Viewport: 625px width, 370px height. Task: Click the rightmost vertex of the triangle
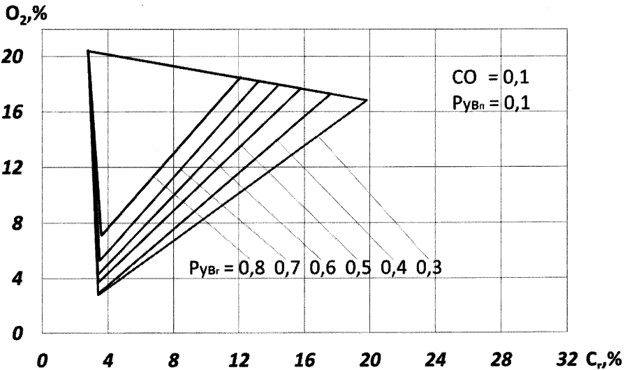click(367, 101)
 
